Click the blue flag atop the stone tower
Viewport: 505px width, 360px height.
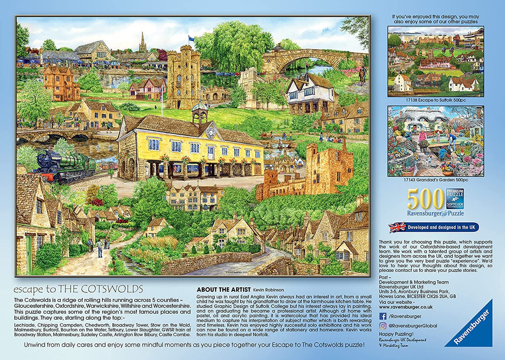191,38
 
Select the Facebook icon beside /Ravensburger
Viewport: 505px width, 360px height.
383,316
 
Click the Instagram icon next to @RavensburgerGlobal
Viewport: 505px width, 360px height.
383,326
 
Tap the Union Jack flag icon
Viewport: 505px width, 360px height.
397,227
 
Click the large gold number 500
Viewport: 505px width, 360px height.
426,199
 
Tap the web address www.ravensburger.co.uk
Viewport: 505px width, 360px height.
405,306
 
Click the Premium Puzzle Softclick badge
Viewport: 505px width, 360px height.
455,199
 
